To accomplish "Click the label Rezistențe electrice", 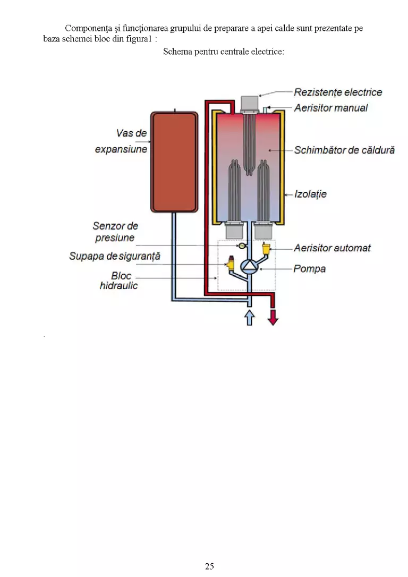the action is (338, 92).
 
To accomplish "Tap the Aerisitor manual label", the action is (331, 108).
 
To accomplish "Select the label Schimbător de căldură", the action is (344, 150).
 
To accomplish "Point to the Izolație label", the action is (310, 194).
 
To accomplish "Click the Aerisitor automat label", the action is (332, 248).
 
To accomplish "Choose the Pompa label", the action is (309, 269).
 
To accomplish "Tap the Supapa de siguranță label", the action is (115, 256).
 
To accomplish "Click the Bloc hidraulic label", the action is (119, 281).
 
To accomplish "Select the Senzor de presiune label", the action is (115, 232).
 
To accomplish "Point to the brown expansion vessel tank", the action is (174, 162).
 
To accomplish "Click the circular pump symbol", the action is (249, 266).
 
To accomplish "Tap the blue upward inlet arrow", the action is (250, 317).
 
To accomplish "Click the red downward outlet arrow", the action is (273, 317).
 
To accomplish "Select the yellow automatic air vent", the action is (266, 249).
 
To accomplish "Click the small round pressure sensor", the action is (242, 246).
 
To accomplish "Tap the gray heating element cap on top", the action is (250, 104).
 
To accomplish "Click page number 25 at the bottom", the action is (209, 566).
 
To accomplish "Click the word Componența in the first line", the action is (88, 29).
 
